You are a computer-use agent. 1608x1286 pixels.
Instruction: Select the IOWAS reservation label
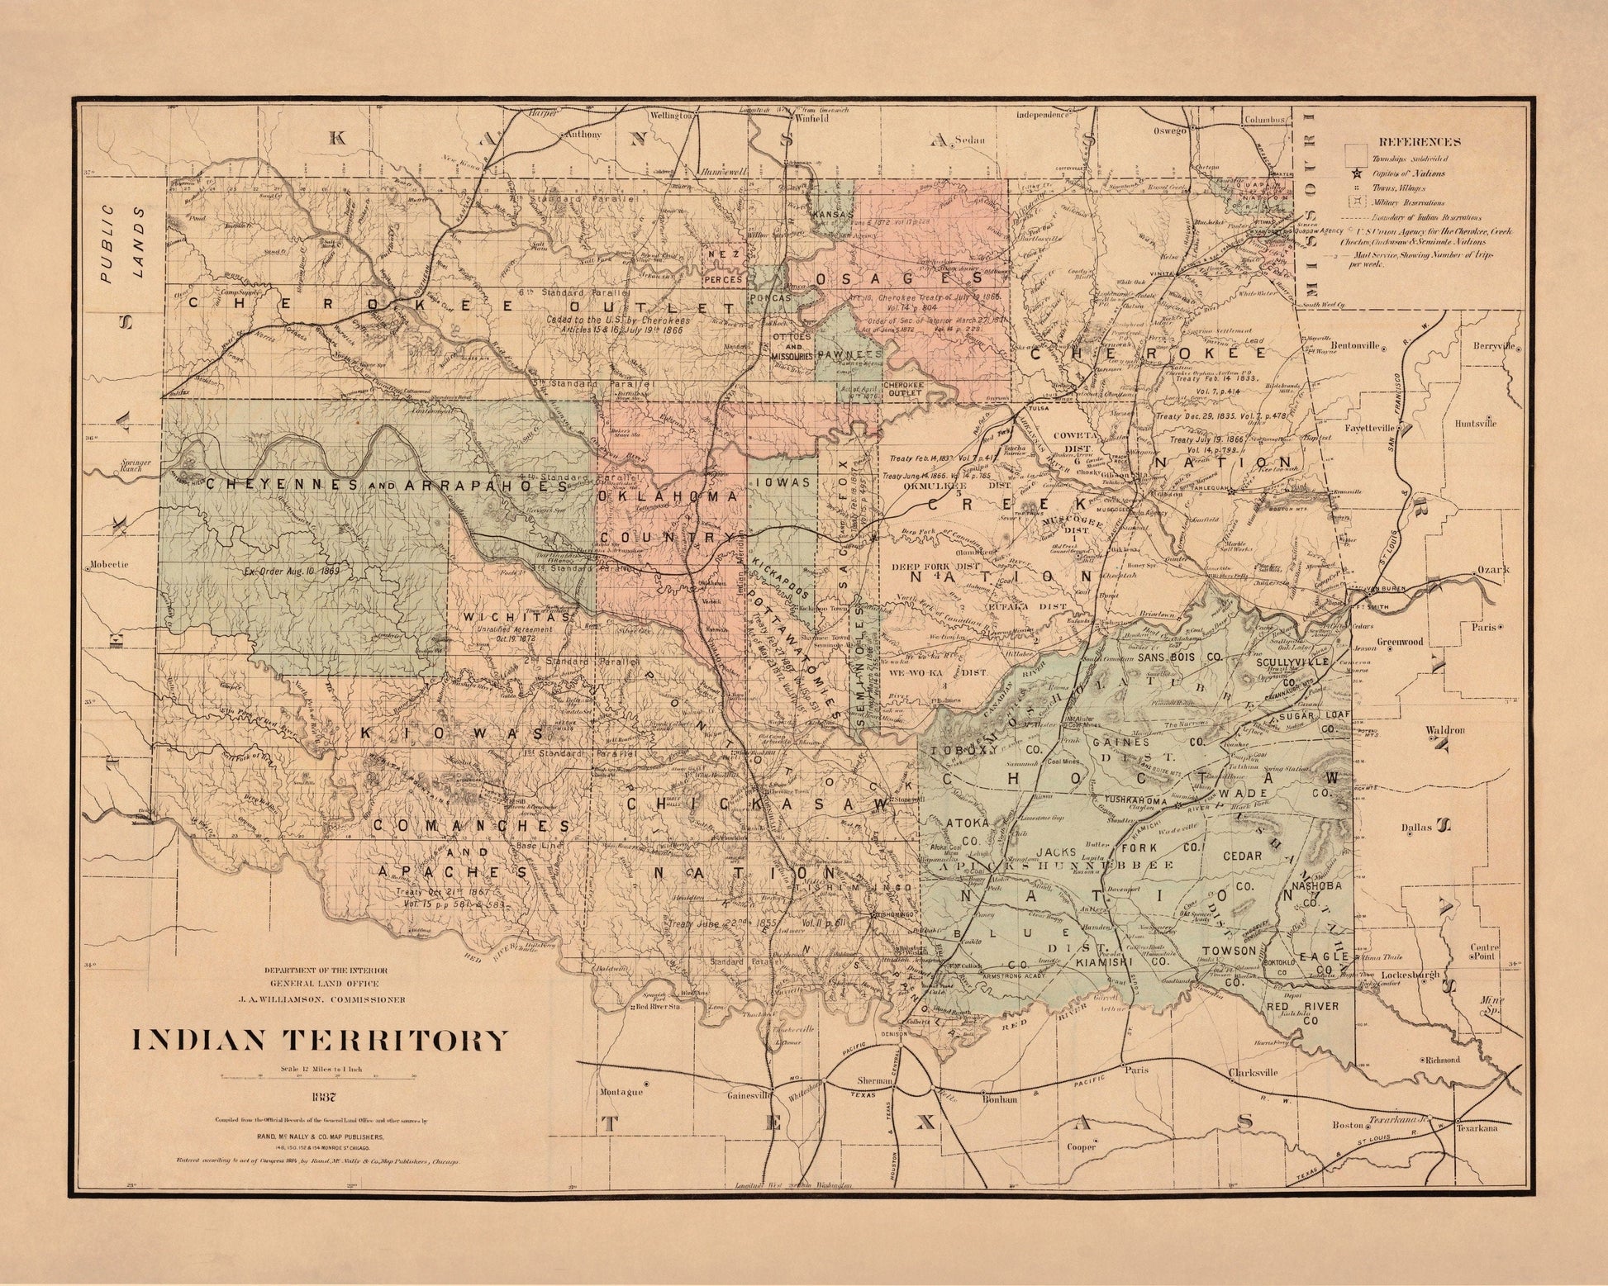[x=787, y=482]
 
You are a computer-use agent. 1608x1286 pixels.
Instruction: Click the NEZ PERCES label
[x=724, y=269]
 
